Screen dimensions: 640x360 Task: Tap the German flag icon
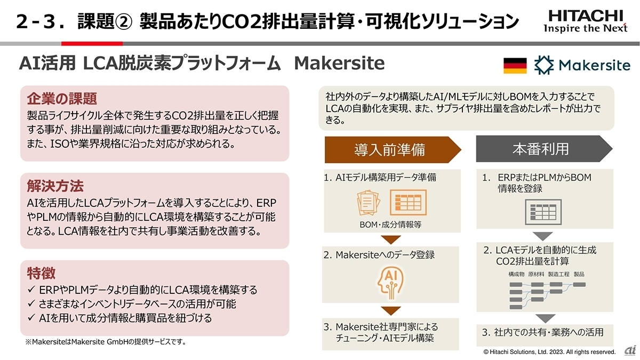(x=515, y=66)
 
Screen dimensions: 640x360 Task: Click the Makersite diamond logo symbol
(x=544, y=65)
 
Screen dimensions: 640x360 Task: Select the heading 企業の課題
(x=62, y=99)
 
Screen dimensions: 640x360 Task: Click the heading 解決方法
(x=55, y=186)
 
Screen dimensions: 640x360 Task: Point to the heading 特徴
(x=41, y=274)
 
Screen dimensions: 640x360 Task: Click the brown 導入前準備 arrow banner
(x=393, y=150)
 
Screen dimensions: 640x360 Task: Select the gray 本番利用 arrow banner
(x=544, y=149)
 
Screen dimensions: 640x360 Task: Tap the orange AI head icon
(x=390, y=283)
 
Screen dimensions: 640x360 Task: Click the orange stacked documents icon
(x=369, y=203)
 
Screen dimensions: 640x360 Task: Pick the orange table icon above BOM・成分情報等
(x=409, y=203)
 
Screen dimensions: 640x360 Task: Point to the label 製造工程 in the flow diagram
(x=558, y=274)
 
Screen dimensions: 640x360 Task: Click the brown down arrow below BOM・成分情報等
(x=391, y=239)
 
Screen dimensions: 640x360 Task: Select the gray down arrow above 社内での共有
(x=545, y=318)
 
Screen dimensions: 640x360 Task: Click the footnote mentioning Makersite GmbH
(x=106, y=342)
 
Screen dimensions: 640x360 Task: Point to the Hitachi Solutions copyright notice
(x=549, y=352)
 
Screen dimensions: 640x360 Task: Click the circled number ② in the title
(x=124, y=22)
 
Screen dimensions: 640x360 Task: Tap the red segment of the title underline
(x=92, y=44)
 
